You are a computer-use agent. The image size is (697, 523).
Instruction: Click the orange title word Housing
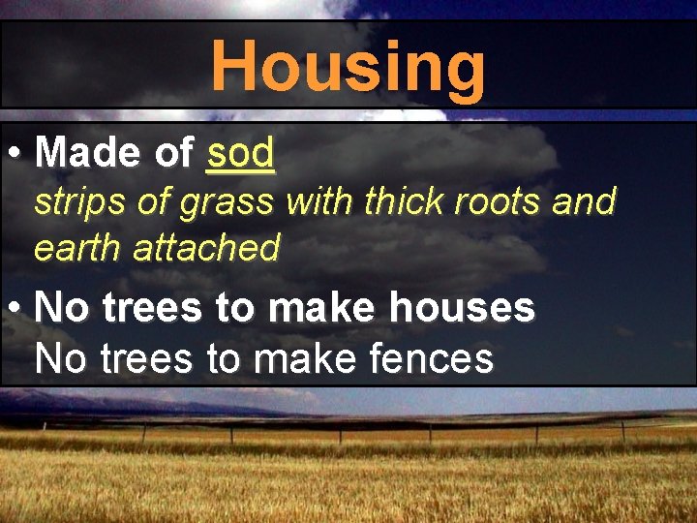pyautogui.click(x=348, y=67)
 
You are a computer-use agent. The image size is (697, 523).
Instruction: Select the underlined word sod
pyautogui.click(x=241, y=152)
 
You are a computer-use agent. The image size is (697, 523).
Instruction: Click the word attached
pyautogui.click(x=206, y=249)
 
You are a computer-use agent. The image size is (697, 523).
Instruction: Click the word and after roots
pyautogui.click(x=585, y=203)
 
